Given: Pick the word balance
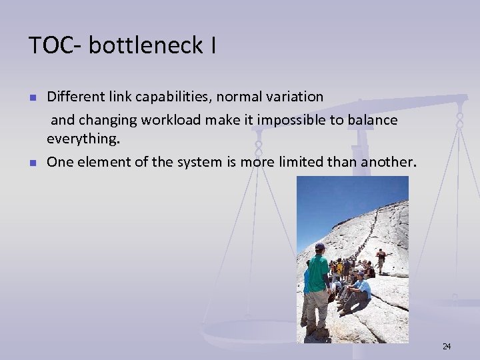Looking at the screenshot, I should pos(374,120).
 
